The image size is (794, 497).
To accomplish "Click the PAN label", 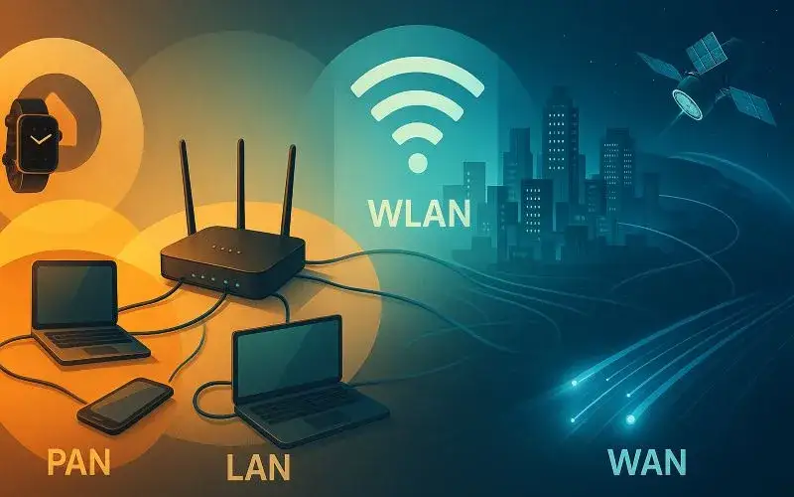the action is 78,460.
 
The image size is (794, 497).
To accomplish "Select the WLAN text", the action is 419,213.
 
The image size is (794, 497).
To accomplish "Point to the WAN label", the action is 647,461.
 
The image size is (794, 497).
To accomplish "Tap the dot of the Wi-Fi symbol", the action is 418,163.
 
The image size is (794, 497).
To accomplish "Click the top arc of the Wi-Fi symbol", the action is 417,77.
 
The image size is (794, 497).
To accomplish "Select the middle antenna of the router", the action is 241,185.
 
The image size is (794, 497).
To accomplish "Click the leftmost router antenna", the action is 188,187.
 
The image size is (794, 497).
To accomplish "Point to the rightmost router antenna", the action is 289,190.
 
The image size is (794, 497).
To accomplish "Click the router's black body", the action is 233,260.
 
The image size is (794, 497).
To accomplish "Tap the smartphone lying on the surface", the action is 125,406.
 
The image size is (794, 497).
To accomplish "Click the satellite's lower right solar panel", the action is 749,105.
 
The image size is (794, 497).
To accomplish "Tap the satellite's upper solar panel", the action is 707,52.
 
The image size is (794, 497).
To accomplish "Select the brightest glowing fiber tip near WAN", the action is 630,418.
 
